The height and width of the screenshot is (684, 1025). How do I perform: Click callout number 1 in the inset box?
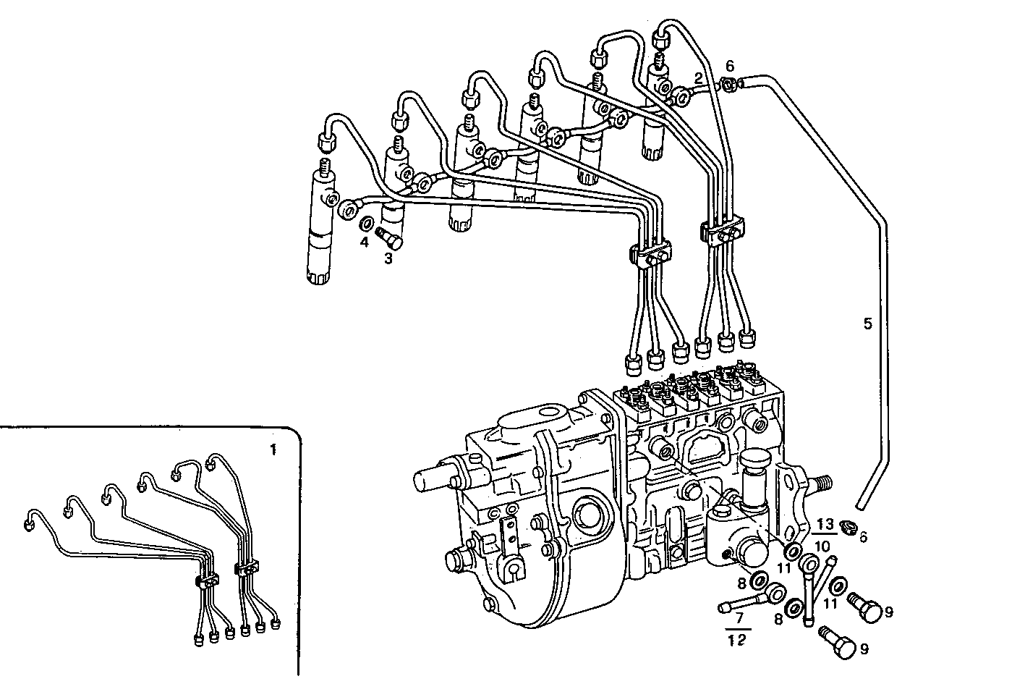(x=273, y=449)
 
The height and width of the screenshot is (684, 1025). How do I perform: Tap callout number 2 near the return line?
(x=698, y=77)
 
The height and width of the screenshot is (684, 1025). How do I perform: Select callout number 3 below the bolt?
(x=388, y=258)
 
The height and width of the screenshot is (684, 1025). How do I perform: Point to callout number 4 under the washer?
(x=365, y=241)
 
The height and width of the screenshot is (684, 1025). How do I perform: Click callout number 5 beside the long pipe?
(x=868, y=324)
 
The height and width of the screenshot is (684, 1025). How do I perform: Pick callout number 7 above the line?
(x=739, y=620)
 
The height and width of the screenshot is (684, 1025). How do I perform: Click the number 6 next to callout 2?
(x=730, y=65)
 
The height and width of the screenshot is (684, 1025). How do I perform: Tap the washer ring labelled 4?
(x=367, y=223)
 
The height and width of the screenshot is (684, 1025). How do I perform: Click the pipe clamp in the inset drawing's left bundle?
(x=206, y=580)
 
